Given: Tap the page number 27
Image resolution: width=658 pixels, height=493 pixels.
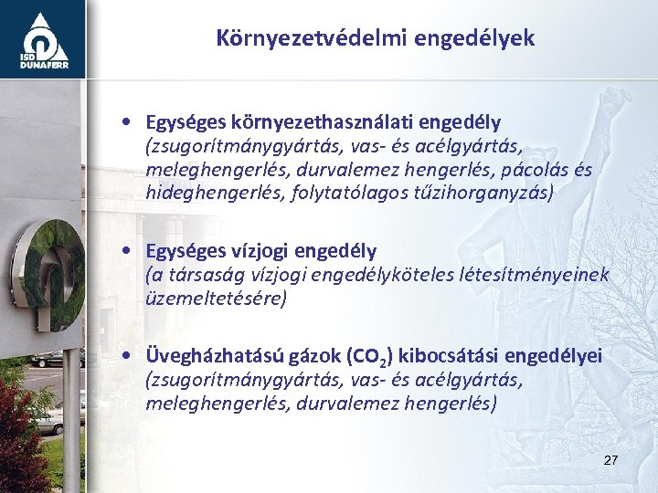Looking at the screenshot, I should (610, 460).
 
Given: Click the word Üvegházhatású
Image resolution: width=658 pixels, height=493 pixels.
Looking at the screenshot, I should (212, 356).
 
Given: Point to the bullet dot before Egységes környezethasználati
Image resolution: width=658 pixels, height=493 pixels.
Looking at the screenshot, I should (133, 122).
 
